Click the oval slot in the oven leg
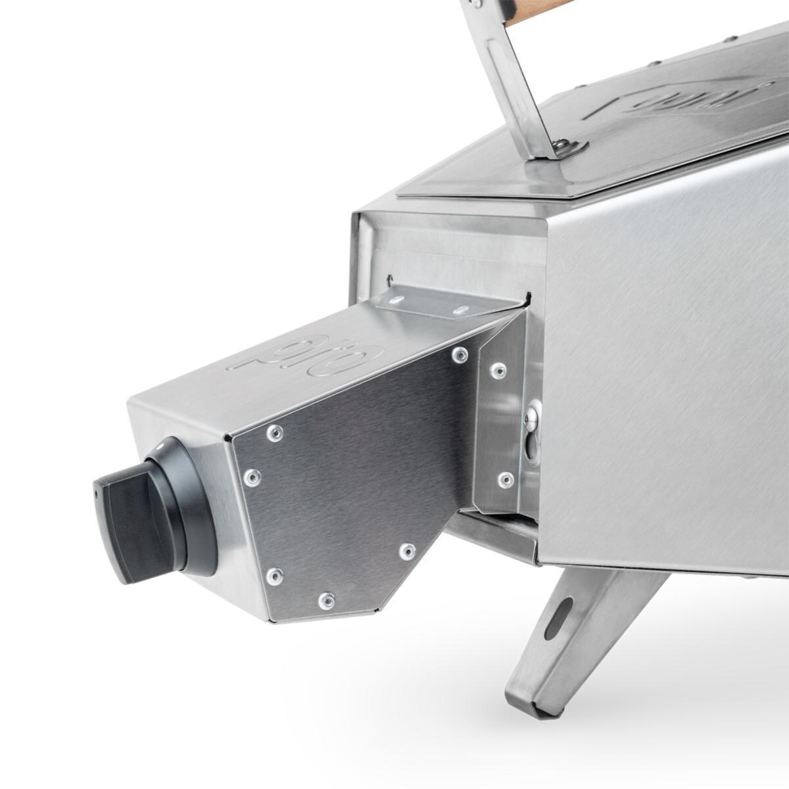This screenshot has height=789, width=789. click(558, 618)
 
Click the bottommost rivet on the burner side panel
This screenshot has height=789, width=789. click(326, 600)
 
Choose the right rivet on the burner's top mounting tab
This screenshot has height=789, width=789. click(461, 310)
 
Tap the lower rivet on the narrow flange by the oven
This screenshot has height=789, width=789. click(505, 479)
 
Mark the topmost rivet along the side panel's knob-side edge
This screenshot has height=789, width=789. click(275, 432)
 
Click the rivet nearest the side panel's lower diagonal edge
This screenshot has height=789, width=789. click(407, 550)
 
